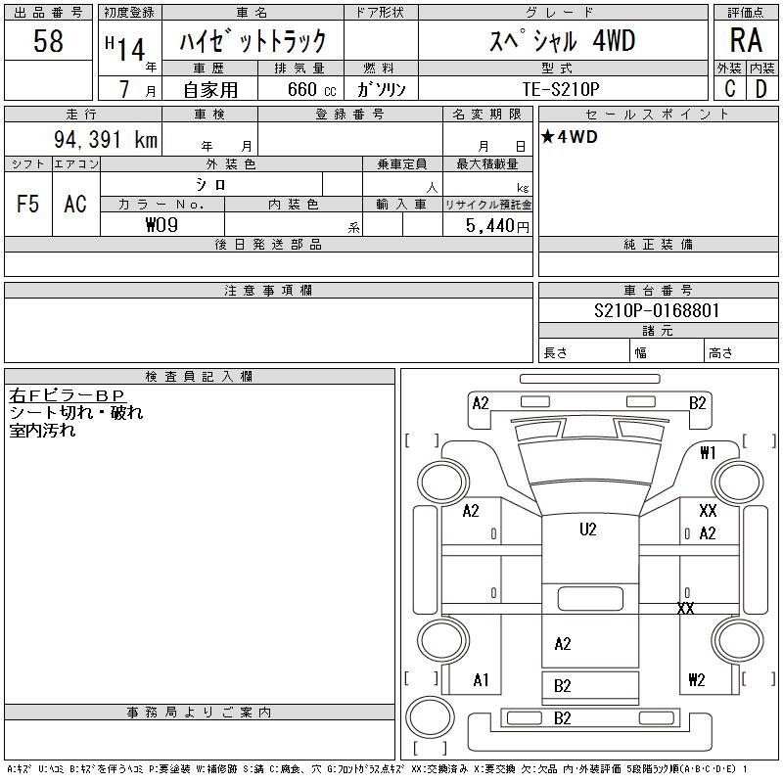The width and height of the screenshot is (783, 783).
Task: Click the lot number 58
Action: (x=48, y=41)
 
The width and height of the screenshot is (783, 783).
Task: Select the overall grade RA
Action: (x=746, y=41)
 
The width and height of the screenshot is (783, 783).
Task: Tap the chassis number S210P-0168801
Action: (x=657, y=311)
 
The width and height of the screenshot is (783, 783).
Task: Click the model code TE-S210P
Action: (x=562, y=88)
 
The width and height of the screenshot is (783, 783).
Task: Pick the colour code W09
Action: (x=162, y=224)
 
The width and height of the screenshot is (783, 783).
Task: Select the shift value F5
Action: (x=28, y=204)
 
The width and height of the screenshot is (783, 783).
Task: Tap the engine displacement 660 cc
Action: (x=304, y=89)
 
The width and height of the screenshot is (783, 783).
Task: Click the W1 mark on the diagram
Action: (x=709, y=453)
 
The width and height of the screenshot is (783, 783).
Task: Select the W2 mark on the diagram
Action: (x=697, y=680)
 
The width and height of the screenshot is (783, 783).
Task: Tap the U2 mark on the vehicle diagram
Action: (x=587, y=530)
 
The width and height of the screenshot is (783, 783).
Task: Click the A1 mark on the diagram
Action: (x=481, y=679)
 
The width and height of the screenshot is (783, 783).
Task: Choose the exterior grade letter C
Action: (x=729, y=89)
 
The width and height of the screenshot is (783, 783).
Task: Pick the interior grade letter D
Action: (x=761, y=89)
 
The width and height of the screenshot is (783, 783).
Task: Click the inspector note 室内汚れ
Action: (x=42, y=431)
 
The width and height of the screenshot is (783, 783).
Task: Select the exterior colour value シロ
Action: (x=211, y=185)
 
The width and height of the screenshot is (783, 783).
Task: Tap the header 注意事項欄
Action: (x=268, y=291)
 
